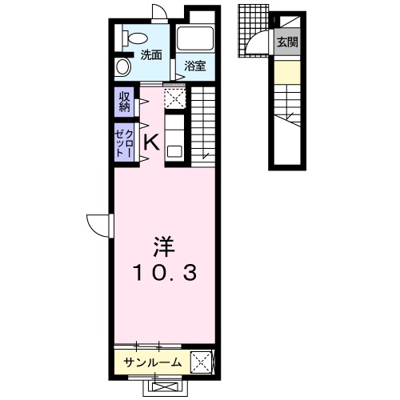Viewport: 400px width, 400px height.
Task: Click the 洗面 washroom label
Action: click(152, 54)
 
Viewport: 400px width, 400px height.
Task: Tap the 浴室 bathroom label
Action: click(195, 66)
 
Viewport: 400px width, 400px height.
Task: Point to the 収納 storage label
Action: click(126, 102)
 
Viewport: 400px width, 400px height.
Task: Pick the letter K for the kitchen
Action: click(150, 142)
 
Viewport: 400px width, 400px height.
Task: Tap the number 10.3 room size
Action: click(166, 273)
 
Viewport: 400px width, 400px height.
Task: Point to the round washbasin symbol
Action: click(123, 66)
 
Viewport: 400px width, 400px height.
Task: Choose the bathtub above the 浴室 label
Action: click(196, 39)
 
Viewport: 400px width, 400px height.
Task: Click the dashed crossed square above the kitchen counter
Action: click(174, 98)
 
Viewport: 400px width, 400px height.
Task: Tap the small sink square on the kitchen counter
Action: click(175, 149)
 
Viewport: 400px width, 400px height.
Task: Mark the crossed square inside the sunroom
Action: click(202, 363)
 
